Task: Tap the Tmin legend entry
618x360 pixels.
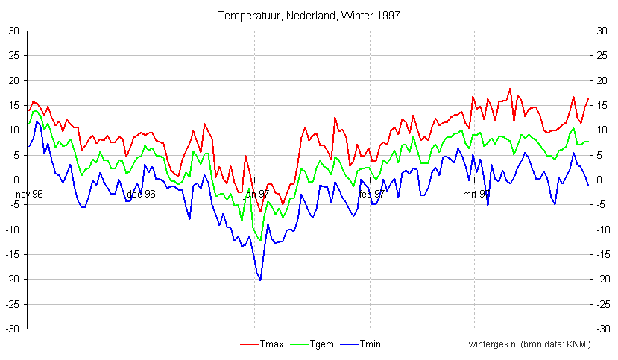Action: [359, 344]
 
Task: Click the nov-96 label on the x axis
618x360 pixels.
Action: [29, 194]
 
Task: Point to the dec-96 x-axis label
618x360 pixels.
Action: [140, 194]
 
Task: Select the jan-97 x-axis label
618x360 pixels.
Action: [256, 194]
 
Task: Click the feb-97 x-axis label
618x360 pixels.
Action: [371, 194]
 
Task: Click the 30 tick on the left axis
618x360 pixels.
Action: [14, 31]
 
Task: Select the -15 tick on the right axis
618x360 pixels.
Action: [602, 254]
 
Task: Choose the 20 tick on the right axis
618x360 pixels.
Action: [601, 80]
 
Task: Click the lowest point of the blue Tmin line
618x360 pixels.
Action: [260, 280]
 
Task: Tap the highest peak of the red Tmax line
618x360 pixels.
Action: [511, 89]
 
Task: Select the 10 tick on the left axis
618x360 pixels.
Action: [14, 130]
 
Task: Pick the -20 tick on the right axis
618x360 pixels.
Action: [602, 280]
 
